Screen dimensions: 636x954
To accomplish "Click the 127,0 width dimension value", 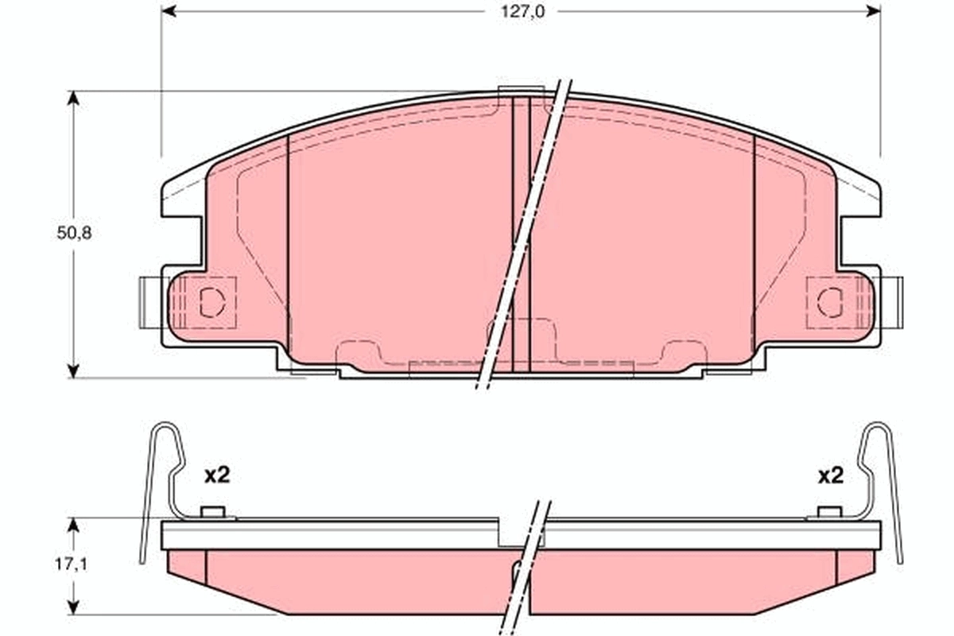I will click(522, 11).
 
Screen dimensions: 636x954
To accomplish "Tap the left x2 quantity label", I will click(216, 475).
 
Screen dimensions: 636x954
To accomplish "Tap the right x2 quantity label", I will click(830, 475).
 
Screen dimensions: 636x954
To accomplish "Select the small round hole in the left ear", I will click(211, 301).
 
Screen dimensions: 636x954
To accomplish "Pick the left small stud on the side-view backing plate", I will click(212, 511).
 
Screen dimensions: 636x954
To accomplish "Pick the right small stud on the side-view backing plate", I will click(829, 511).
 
